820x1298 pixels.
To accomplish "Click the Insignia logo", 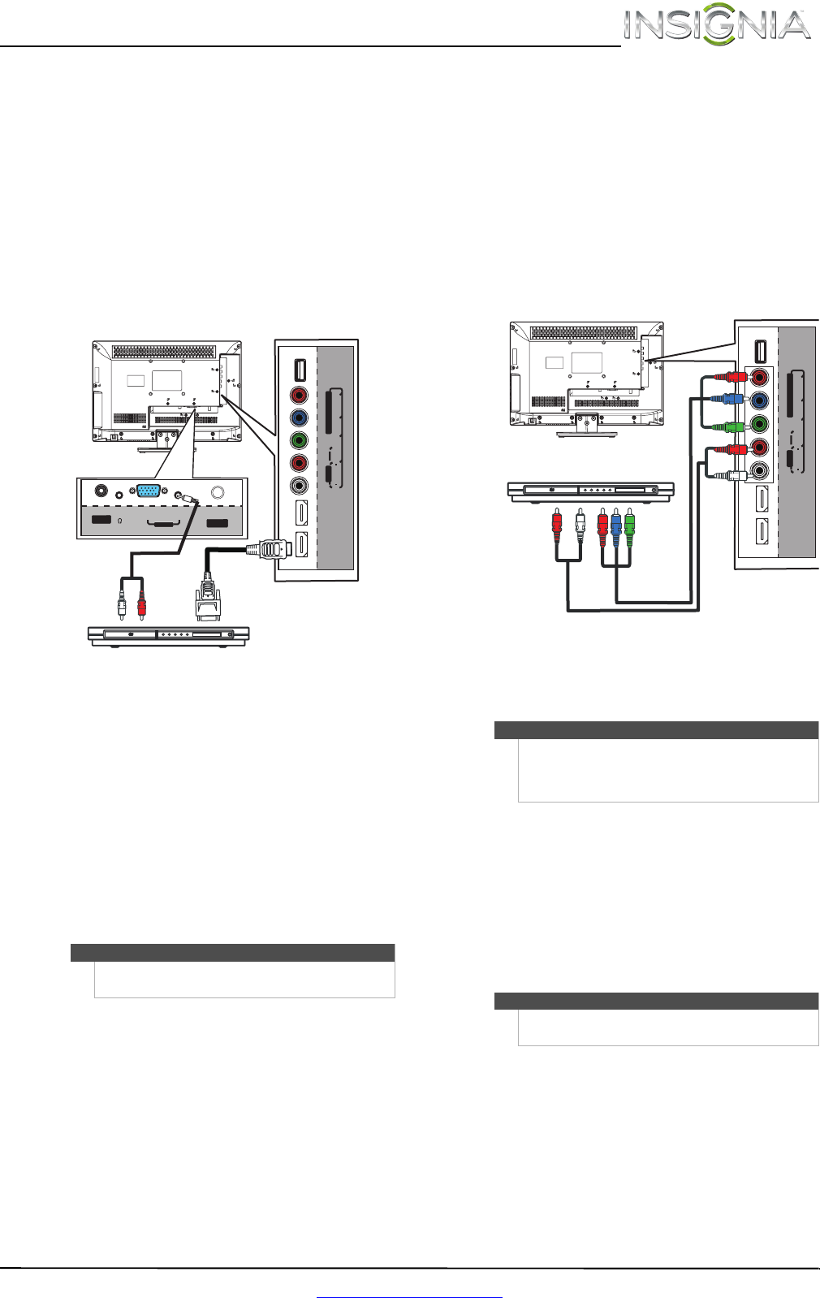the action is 717,26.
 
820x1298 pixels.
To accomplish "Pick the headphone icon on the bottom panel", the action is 119,521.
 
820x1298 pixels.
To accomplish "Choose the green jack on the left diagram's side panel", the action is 300,442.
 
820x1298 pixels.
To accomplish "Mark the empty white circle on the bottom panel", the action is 218,492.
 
